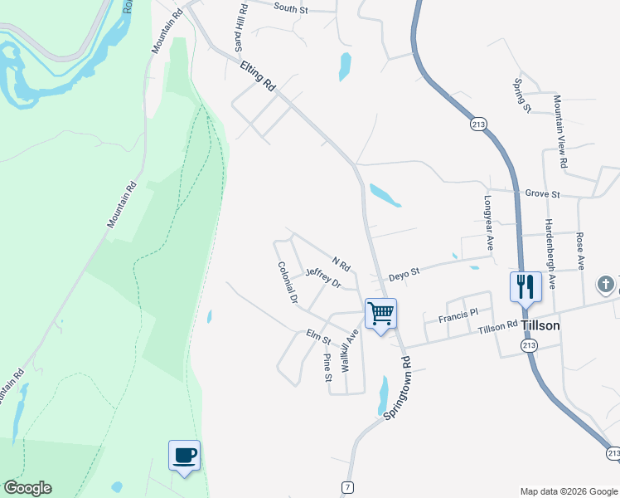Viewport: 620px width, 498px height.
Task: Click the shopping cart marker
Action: point(380,315)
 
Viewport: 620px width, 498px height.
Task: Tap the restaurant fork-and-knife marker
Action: point(526,287)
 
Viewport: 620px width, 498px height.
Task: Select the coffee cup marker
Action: point(184,455)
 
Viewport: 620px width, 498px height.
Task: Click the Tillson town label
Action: point(540,325)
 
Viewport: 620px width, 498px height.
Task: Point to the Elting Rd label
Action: point(257,76)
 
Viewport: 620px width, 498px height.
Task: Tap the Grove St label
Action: point(543,194)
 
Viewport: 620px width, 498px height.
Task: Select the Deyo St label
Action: point(405,271)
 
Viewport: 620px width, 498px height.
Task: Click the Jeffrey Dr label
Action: point(323,278)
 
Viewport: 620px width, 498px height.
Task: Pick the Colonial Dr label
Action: point(288,282)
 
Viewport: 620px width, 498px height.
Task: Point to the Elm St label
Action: point(318,337)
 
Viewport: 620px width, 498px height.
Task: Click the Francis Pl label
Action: point(459,315)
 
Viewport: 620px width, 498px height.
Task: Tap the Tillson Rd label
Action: point(498,328)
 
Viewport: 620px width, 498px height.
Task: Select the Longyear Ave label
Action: point(488,224)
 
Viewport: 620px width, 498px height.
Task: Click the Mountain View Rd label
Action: point(560,131)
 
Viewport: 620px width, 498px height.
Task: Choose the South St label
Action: point(290,8)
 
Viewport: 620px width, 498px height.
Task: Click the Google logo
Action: point(27,488)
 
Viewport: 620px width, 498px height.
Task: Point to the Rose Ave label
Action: point(580,251)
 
